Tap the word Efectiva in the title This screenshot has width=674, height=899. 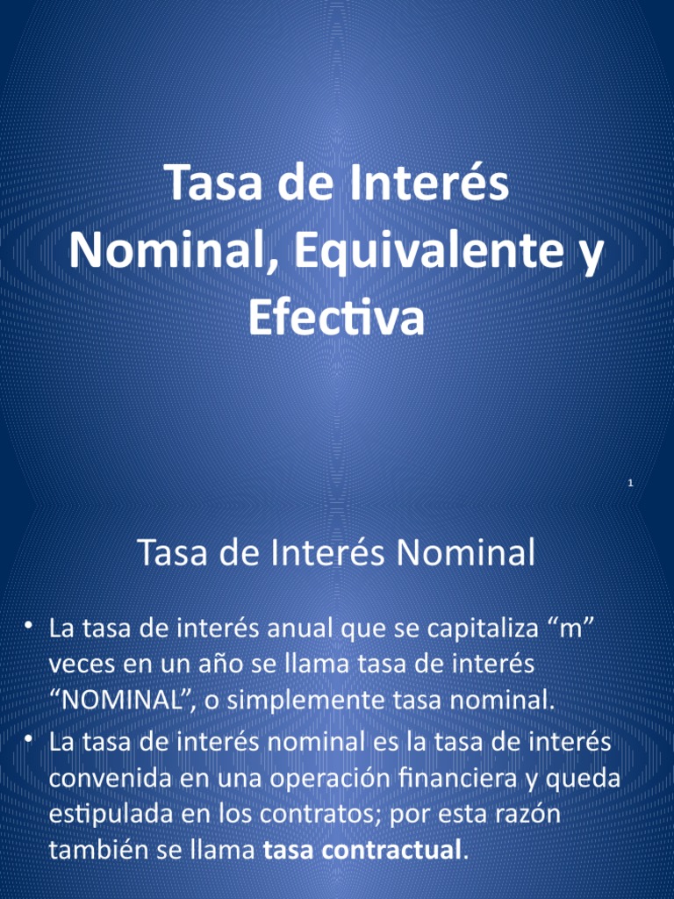(x=336, y=318)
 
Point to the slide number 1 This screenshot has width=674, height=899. (x=631, y=484)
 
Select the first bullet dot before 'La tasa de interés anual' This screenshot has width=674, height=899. (x=29, y=625)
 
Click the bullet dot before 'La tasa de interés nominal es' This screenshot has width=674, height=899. (x=29, y=739)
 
